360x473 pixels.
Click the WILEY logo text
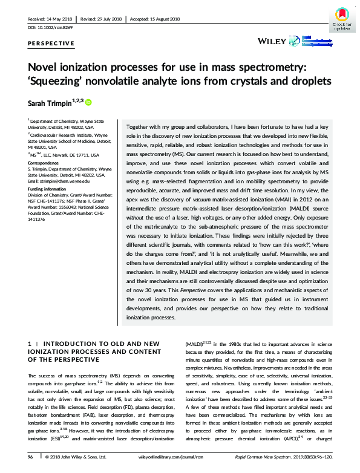[x=271, y=41]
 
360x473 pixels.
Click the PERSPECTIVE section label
[x=51, y=44]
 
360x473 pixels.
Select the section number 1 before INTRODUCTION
[x=30, y=344]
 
